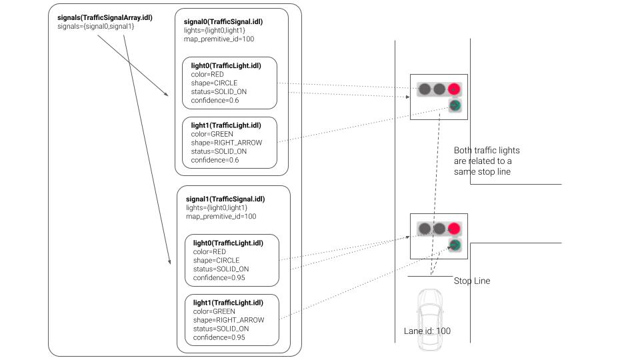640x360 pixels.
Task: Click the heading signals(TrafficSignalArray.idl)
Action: [x=105, y=17]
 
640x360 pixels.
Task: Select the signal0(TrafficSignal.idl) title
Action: [x=223, y=21]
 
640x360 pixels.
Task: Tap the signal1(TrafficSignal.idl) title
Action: [x=225, y=199]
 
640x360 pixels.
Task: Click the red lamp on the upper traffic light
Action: [x=454, y=88]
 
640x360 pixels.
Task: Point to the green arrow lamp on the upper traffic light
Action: [x=454, y=105]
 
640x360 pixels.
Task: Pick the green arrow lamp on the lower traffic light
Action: [x=454, y=246]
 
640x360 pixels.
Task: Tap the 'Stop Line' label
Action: [x=471, y=281]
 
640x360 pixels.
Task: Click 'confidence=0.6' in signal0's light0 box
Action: [x=215, y=101]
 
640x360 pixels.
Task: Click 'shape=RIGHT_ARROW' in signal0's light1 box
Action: [x=226, y=143]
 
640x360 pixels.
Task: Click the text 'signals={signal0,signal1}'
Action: [x=96, y=27]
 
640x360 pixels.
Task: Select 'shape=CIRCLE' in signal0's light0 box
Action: [x=214, y=83]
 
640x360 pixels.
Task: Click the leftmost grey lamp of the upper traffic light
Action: [x=423, y=88]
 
